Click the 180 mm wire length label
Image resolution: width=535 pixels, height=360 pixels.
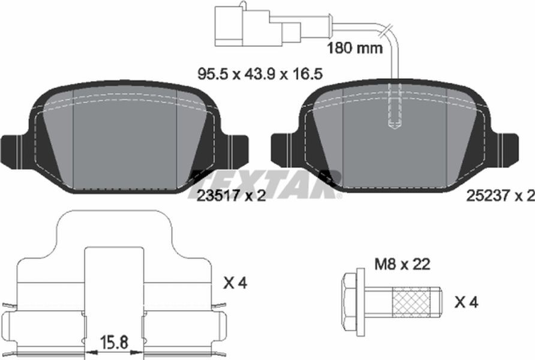pyautogui.click(x=355, y=48)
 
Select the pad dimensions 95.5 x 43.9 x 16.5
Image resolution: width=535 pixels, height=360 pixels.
pyautogui.click(x=260, y=74)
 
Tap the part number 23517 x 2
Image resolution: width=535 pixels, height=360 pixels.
pyautogui.click(x=231, y=196)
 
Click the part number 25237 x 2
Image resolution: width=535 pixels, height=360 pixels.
pyautogui.click(x=500, y=196)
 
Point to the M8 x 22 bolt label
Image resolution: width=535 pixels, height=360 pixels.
pyautogui.click(x=402, y=264)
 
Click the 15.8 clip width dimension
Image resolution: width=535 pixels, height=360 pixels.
pyautogui.click(x=115, y=341)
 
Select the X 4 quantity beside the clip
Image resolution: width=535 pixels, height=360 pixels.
pyautogui.click(x=235, y=283)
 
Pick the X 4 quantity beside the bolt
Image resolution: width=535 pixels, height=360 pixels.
pyautogui.click(x=467, y=302)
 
